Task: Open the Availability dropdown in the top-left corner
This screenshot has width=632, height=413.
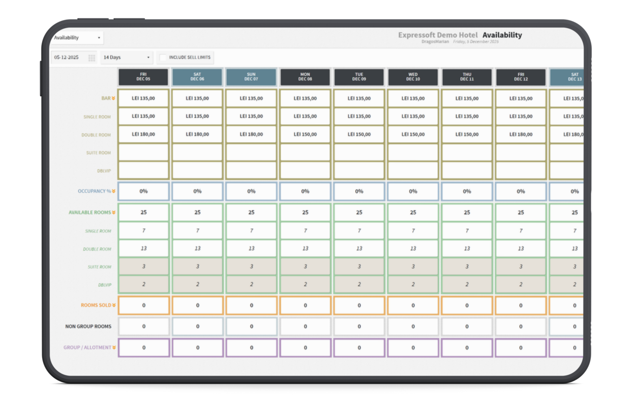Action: pos(77,38)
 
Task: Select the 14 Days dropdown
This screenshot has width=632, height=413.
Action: pos(126,57)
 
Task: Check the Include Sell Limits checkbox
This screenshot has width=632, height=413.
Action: pos(163,57)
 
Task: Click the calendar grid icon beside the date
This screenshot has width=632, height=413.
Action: pos(92,58)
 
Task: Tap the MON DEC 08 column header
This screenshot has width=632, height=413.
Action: pos(305,77)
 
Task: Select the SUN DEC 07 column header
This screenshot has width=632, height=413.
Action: pos(251,77)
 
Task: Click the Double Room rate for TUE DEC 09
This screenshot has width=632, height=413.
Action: pos(359,134)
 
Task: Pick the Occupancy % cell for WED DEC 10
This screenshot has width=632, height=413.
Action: pos(413,191)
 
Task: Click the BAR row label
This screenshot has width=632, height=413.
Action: pos(106,98)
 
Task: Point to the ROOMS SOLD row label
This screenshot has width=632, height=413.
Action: pos(96,305)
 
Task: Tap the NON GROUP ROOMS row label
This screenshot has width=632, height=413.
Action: pos(88,326)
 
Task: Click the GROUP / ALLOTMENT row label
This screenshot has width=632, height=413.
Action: pos(88,347)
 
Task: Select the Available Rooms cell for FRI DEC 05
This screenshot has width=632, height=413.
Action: pos(144,212)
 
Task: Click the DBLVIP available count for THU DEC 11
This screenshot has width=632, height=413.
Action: pos(467,284)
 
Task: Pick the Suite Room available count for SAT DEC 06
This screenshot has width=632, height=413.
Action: pos(197,266)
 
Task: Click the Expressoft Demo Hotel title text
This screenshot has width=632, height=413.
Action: pos(438,35)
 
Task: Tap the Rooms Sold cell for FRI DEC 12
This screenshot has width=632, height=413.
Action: pos(521,305)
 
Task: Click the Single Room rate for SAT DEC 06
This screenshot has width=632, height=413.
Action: pos(197,116)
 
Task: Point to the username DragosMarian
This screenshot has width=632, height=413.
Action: pos(435,42)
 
